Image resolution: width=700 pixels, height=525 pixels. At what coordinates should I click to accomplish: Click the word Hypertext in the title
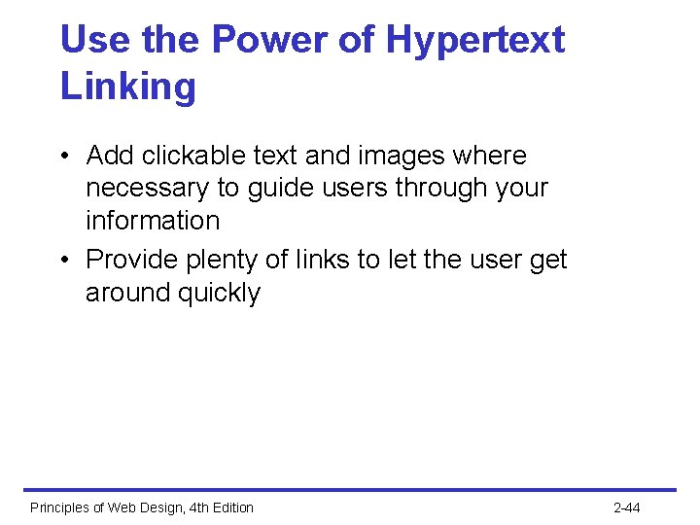474,40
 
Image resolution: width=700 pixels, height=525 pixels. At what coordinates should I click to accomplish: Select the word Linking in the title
127,87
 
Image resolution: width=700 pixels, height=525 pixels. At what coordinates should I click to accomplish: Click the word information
153,220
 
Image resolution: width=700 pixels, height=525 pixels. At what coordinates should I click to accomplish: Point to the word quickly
219,293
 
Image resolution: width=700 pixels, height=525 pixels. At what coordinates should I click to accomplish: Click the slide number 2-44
627,507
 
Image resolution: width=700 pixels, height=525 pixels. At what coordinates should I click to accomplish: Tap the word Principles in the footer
61,507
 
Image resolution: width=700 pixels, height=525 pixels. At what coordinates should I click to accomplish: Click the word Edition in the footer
229,507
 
